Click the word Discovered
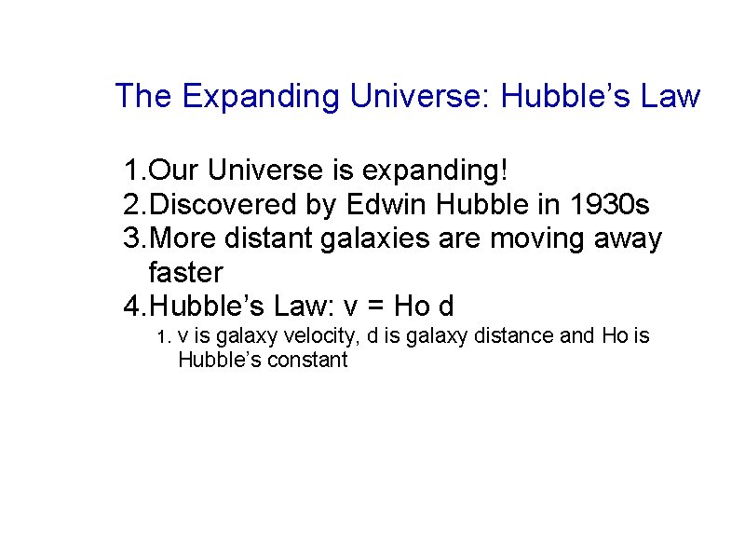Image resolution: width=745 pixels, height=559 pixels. click(x=223, y=204)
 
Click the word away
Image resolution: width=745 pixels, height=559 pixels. click(x=630, y=239)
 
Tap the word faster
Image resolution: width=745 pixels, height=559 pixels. click(x=186, y=273)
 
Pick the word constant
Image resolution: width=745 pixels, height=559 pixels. click(x=307, y=360)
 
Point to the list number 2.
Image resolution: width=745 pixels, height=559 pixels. click(x=133, y=204)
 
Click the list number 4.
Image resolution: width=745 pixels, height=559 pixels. click(x=133, y=307)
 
